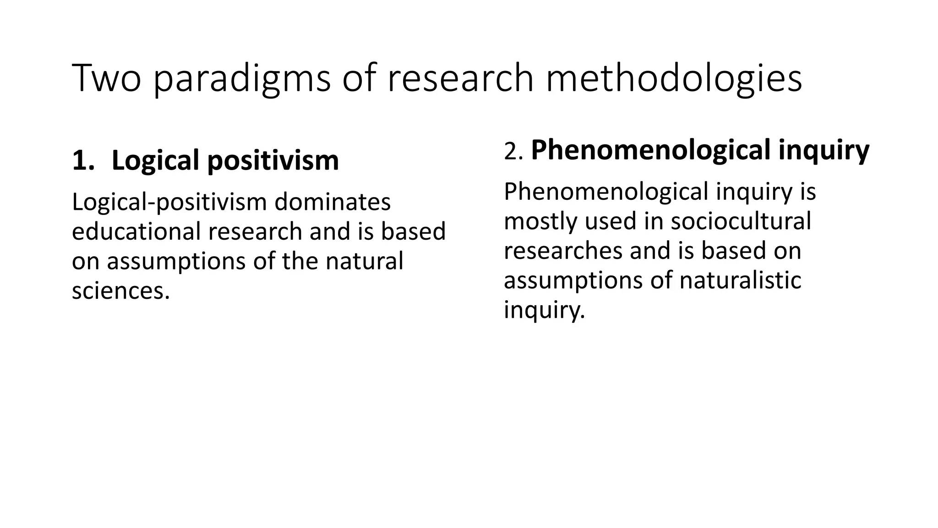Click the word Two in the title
tap(106, 79)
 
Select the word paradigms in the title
tap(241, 79)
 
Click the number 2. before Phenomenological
tap(513, 151)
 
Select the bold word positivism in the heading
tap(273, 160)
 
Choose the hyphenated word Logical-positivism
tap(169, 202)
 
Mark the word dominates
tap(333, 202)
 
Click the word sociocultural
tap(741, 221)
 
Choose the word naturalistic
tap(740, 280)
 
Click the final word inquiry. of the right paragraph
tap(544, 310)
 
